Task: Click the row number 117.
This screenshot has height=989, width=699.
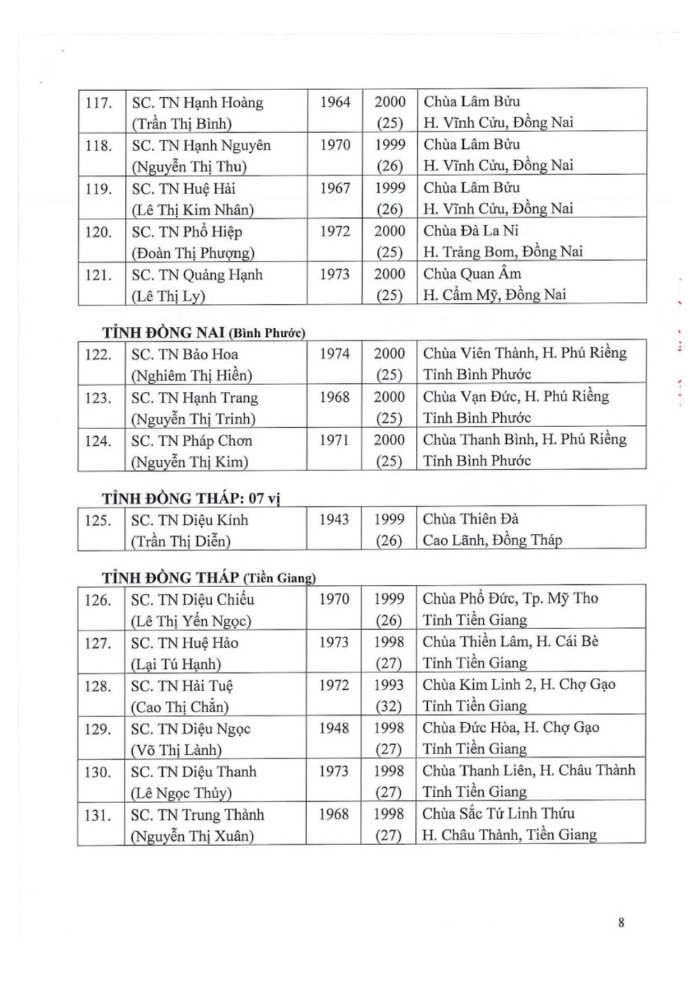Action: pyautogui.click(x=99, y=103)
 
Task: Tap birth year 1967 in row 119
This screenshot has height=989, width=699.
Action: pyautogui.click(x=335, y=188)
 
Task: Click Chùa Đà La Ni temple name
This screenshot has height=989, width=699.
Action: pyautogui.click(x=470, y=231)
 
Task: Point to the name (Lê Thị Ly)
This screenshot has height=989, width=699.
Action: pyautogui.click(x=168, y=296)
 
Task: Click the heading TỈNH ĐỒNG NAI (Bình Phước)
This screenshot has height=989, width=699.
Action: pyautogui.click(x=203, y=333)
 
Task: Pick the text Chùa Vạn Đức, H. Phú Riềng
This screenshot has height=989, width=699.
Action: pyautogui.click(x=516, y=396)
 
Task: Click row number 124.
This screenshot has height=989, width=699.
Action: pyautogui.click(x=98, y=441)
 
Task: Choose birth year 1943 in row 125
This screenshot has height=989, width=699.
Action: pyautogui.click(x=334, y=519)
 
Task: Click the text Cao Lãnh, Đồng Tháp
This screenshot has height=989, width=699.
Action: pyautogui.click(x=492, y=540)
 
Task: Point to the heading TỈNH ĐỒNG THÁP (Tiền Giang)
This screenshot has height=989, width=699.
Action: pyautogui.click(x=208, y=577)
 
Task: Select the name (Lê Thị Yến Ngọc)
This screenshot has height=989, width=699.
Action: pyautogui.click(x=191, y=621)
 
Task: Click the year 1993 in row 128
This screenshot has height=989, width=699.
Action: pyautogui.click(x=389, y=685)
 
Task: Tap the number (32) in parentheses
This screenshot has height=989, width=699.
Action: pyautogui.click(x=389, y=706)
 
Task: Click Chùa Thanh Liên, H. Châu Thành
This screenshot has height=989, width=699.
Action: pyautogui.click(x=529, y=770)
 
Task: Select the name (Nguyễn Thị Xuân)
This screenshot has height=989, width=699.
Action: pyautogui.click(x=192, y=836)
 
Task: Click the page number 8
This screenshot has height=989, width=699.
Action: pyautogui.click(x=621, y=922)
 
